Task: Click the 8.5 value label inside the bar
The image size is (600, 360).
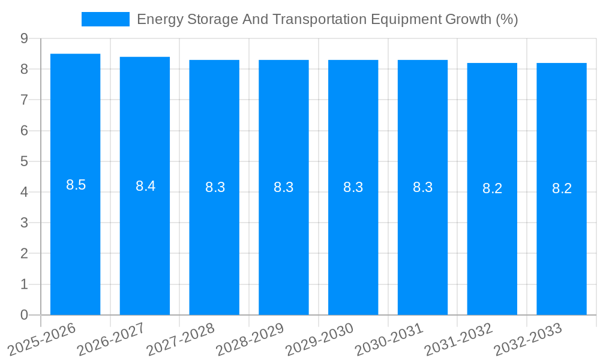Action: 76,185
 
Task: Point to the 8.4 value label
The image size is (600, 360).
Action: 145,186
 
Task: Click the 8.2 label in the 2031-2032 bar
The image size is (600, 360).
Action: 492,188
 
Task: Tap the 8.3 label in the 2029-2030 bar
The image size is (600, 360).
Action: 353,187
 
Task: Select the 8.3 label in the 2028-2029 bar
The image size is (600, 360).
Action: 283,187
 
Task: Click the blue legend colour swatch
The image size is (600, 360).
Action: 105,19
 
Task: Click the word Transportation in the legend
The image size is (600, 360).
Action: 314,19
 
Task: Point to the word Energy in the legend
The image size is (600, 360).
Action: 158,19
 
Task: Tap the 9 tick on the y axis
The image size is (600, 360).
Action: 24,38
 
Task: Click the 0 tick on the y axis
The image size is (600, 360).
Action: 24,315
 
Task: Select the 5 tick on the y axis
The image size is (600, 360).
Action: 24,161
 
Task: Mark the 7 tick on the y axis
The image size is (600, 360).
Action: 24,100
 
